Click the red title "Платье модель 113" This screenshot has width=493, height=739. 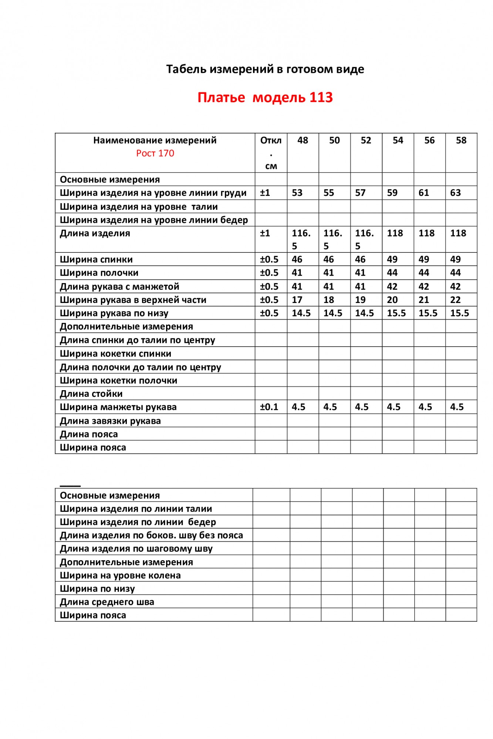click(x=265, y=98)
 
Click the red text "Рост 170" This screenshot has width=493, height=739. click(x=155, y=153)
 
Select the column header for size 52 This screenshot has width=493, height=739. click(x=366, y=140)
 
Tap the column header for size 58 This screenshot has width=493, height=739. click(x=461, y=140)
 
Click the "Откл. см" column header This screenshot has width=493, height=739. click(x=271, y=153)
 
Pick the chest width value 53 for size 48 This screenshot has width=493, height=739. click(x=297, y=193)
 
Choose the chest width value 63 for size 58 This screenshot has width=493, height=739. click(x=455, y=193)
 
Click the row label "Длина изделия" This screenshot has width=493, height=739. click(x=95, y=234)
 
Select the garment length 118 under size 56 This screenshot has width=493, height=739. click(x=426, y=233)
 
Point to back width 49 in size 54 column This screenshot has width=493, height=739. click(x=392, y=259)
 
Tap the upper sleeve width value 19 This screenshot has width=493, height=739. click(x=360, y=300)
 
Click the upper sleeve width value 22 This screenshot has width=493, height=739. click(x=455, y=300)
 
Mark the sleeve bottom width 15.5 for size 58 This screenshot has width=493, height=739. click(x=459, y=313)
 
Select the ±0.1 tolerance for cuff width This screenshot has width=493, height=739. click(x=269, y=407)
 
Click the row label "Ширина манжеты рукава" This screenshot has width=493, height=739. click(x=118, y=407)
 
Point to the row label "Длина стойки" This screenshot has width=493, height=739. click(x=91, y=394)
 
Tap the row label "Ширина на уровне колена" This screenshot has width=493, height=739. click(x=120, y=575)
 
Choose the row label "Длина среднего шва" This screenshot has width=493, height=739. click(x=107, y=602)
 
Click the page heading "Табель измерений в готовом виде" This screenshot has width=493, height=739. click(x=265, y=69)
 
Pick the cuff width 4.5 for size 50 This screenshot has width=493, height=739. click(x=330, y=407)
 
